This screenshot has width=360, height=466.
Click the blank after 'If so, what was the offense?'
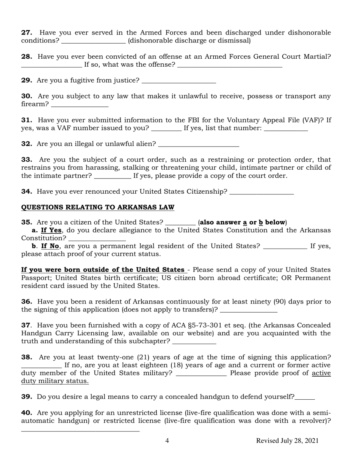[x=230, y=65]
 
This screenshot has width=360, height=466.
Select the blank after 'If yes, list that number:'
[x=286, y=128]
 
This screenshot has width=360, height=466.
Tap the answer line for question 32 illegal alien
[x=199, y=144]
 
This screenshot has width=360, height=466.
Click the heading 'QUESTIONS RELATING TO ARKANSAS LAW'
[x=98, y=207]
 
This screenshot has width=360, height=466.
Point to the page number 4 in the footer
[x=167, y=441]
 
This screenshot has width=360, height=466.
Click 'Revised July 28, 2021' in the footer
[x=287, y=441]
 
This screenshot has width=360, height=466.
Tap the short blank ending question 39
[x=305, y=397]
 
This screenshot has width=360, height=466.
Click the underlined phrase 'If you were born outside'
[x=103, y=270]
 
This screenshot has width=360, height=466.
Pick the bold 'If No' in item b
[x=50, y=246]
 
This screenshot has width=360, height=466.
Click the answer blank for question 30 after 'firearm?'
[x=80, y=105]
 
